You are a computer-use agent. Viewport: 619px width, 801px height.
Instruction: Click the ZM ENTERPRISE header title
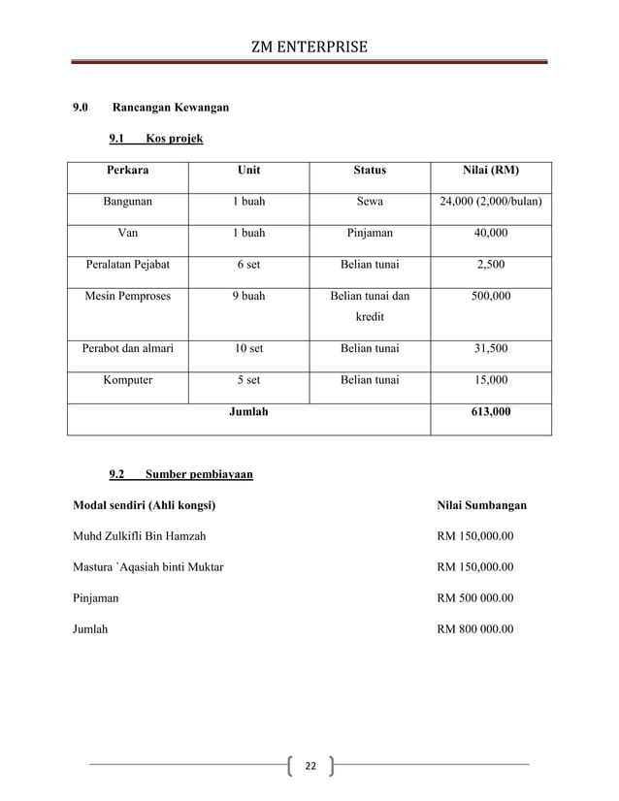[x=309, y=46]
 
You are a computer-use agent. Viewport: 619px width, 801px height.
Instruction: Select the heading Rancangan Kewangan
[x=171, y=107]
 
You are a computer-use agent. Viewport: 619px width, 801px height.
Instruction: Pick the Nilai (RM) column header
[x=490, y=170]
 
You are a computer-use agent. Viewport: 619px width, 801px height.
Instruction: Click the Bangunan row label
[x=127, y=202]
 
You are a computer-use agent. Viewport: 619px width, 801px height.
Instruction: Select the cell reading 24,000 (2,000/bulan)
[x=490, y=202]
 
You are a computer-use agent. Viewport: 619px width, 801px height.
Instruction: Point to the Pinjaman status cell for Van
[x=370, y=233]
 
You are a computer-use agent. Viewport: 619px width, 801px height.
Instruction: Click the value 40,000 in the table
[x=490, y=233]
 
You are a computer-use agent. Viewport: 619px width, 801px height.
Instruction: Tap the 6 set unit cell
[x=248, y=264]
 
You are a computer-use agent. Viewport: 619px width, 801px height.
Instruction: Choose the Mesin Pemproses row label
[x=127, y=296]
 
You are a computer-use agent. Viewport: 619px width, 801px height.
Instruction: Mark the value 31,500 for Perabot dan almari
[x=490, y=348]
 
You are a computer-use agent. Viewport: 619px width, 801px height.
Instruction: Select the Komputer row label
[x=127, y=380]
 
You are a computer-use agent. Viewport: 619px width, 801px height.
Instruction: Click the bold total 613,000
[x=490, y=412]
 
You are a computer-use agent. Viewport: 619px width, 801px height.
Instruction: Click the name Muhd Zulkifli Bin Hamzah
[x=139, y=535]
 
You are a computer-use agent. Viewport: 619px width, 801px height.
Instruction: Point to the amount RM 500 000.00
[x=475, y=597]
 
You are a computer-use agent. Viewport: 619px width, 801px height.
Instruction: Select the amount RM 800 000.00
[x=475, y=628]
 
